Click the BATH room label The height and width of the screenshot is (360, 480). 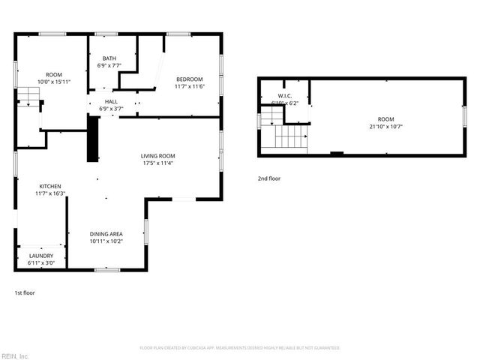[x=109, y=58]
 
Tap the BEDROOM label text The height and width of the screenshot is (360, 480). [x=190, y=79]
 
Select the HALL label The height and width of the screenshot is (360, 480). [x=111, y=101]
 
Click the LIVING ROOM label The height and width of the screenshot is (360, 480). [x=163, y=156]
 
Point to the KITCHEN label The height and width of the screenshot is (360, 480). [x=50, y=186]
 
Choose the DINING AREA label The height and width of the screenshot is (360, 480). [x=106, y=235]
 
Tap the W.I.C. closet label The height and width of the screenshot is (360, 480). [x=284, y=95]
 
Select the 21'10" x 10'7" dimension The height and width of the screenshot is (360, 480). [x=385, y=126]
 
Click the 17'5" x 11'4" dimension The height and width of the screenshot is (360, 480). [x=163, y=163]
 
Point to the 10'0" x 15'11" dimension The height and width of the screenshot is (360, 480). [x=54, y=82]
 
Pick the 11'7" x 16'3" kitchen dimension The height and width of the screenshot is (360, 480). [x=50, y=193]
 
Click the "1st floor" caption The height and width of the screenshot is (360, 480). [x=25, y=292]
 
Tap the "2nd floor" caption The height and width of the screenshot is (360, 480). [x=268, y=178]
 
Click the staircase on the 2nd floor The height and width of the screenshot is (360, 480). [x=291, y=137]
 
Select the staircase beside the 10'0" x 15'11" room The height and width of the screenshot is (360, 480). [x=28, y=96]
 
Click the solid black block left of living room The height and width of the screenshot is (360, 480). [x=93, y=142]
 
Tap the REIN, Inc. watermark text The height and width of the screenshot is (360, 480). [x=14, y=355]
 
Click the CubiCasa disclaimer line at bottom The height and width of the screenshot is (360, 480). [x=240, y=348]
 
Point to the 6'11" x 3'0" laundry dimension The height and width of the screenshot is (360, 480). [x=41, y=263]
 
